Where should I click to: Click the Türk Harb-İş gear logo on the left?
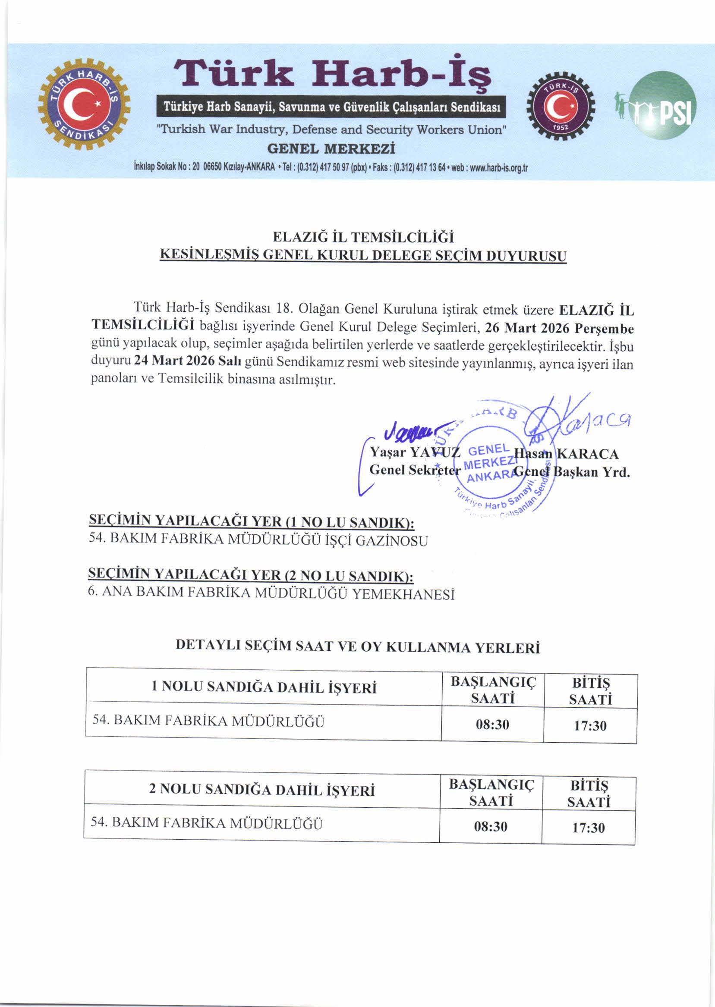click(x=84, y=104)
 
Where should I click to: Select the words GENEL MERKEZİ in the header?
click(x=331, y=149)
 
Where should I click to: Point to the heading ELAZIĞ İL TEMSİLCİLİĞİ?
click(x=363, y=238)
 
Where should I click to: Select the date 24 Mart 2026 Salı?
click(x=188, y=360)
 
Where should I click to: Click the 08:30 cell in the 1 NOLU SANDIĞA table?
click(x=492, y=725)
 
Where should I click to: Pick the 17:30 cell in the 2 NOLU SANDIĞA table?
click(x=588, y=828)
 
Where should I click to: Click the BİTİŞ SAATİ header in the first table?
click(x=590, y=691)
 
